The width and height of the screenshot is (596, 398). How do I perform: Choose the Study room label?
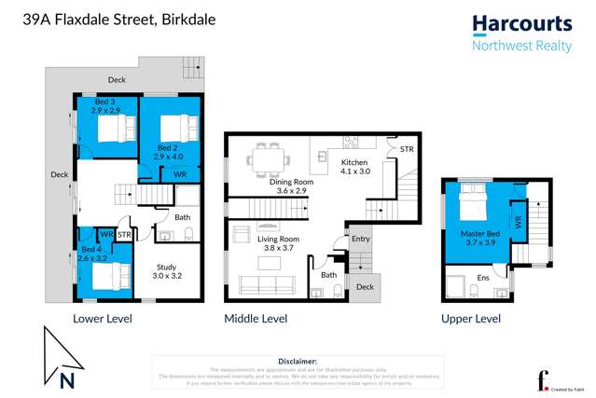[x=169, y=271]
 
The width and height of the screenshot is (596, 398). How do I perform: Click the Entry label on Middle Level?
[x=360, y=239]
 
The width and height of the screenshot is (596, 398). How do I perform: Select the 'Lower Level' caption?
[x=103, y=319]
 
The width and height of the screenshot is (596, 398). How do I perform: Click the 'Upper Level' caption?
[x=472, y=319]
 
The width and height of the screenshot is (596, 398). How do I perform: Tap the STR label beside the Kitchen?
[x=406, y=149]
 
